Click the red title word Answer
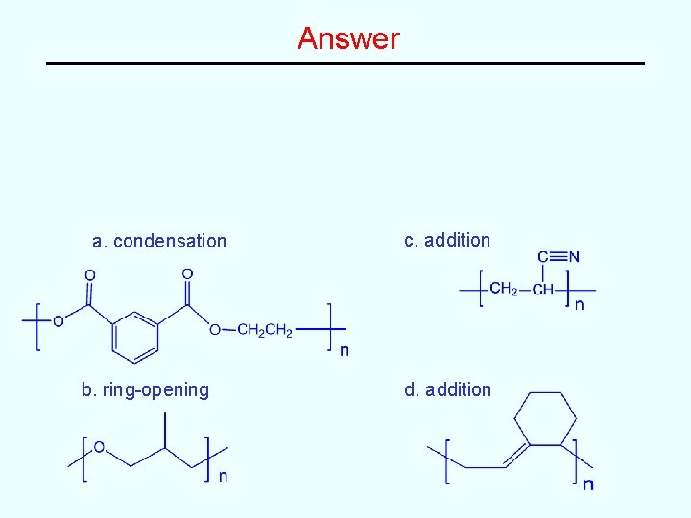(348, 38)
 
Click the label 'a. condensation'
(159, 241)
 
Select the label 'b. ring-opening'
(145, 389)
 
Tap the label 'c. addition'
(447, 240)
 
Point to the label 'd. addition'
(447, 389)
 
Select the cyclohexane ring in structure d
(545, 418)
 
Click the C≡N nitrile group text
(558, 256)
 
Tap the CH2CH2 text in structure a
(265, 331)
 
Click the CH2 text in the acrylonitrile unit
(502, 289)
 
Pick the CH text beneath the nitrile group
(542, 290)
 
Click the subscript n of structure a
(345, 349)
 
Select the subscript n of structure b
(224, 475)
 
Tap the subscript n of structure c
(579, 305)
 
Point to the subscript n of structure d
(588, 483)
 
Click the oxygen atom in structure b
(99, 447)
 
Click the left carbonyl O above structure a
(89, 275)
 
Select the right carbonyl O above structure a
(187, 274)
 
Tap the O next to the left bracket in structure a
(58, 321)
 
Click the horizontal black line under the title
(345, 64)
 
